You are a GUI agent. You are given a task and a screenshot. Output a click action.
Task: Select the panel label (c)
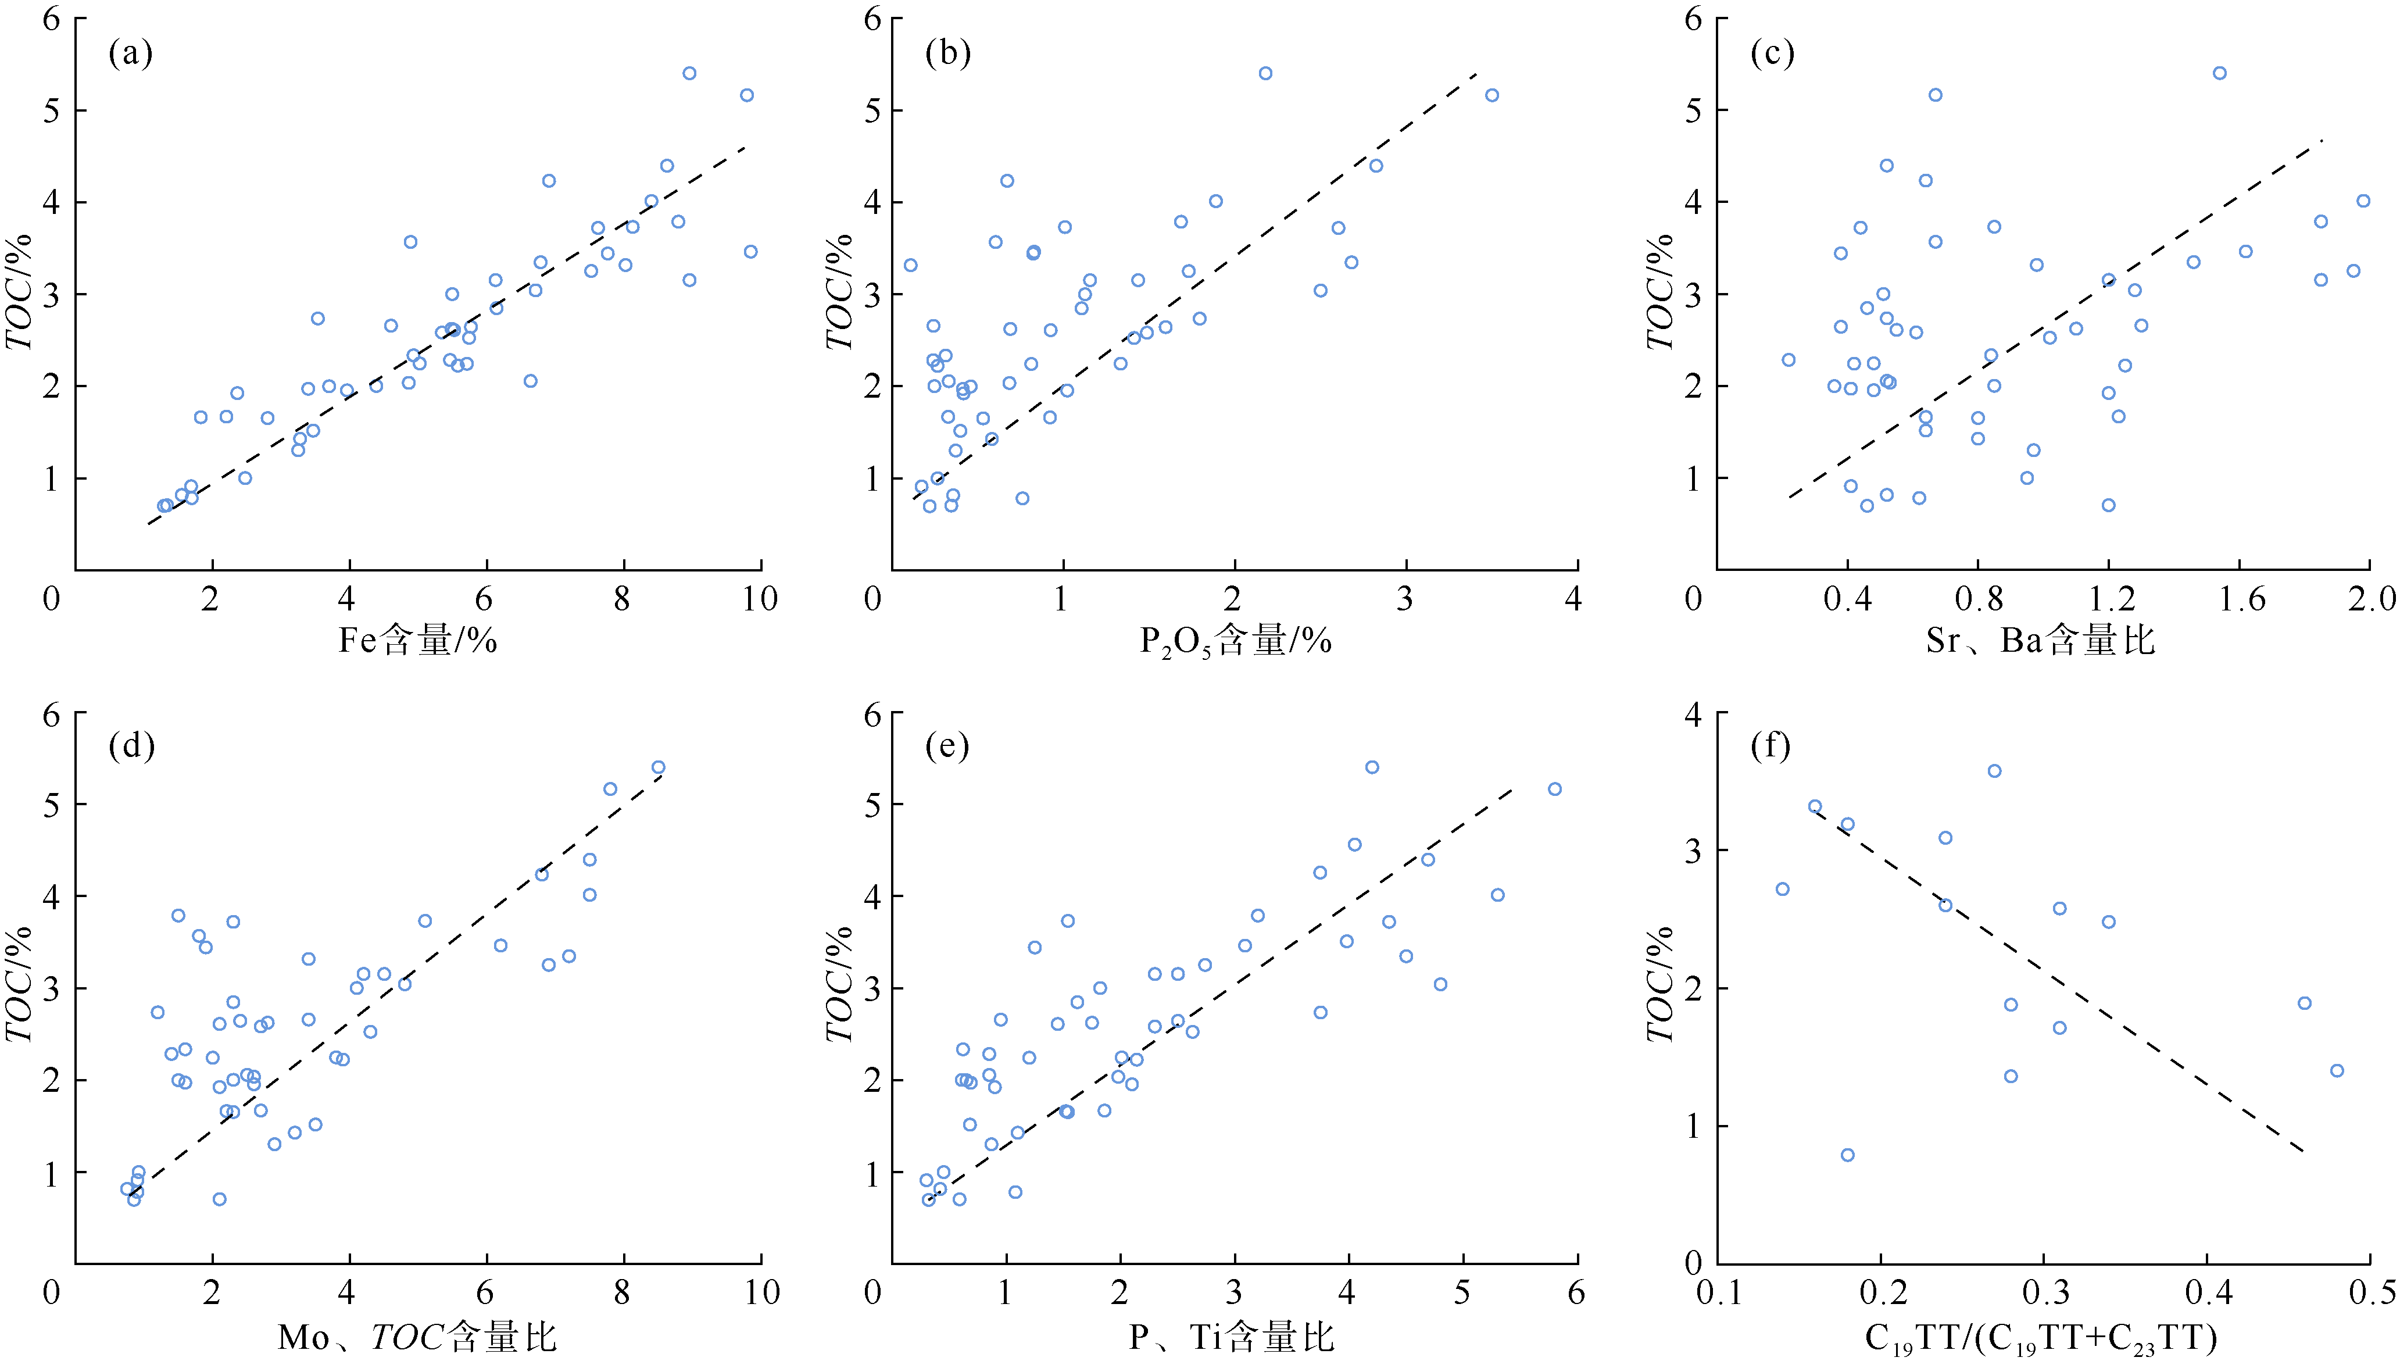point(1772,53)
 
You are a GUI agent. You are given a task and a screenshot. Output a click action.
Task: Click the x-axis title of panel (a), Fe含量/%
point(417,641)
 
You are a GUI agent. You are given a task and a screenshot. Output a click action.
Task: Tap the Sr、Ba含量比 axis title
point(2039,641)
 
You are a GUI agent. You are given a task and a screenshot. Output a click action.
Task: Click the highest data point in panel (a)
point(689,73)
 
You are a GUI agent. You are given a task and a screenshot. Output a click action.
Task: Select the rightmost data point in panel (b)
point(1491,95)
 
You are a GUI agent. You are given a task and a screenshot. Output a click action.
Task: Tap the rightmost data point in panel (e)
point(1555,790)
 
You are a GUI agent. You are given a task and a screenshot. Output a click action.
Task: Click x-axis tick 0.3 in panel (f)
point(2044,1293)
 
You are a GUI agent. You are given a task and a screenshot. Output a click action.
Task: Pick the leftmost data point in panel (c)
point(1789,360)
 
